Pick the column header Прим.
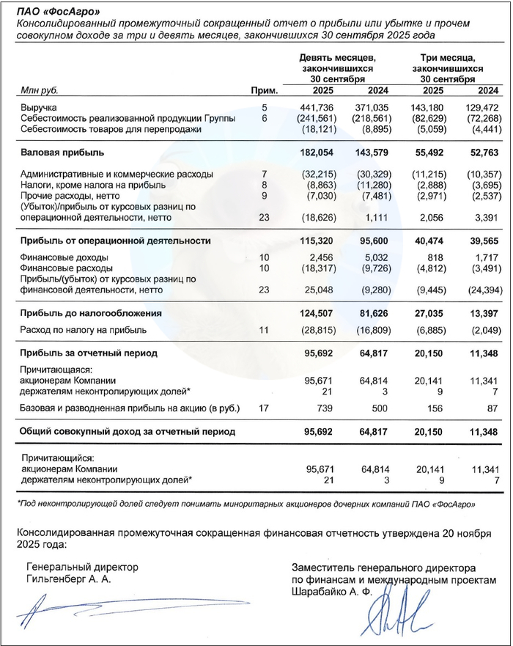coord(265,91)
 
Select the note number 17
coord(265,406)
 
